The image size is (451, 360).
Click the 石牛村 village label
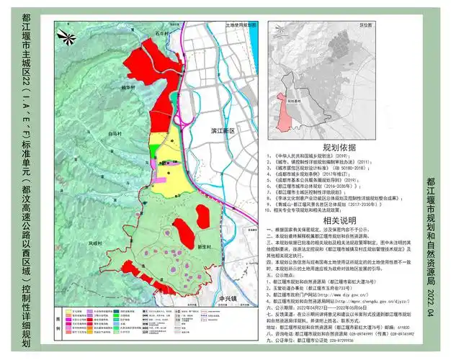[x=158, y=32]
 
